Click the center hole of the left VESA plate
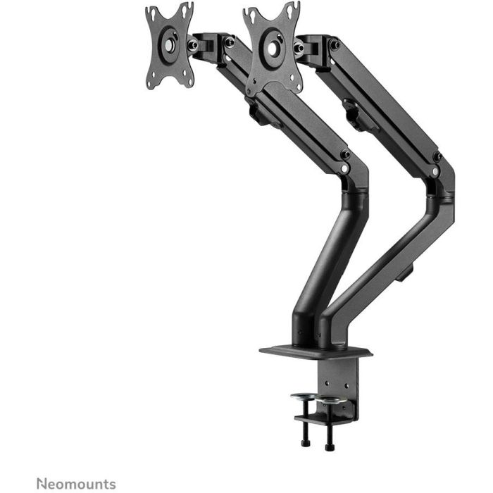pyautogui.click(x=170, y=44)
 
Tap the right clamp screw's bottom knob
pyautogui.click(x=330, y=446)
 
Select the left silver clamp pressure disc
pyautogui.click(x=304, y=397)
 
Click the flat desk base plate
pyautogui.click(x=315, y=351)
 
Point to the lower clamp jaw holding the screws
pyautogui.click(x=320, y=420)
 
